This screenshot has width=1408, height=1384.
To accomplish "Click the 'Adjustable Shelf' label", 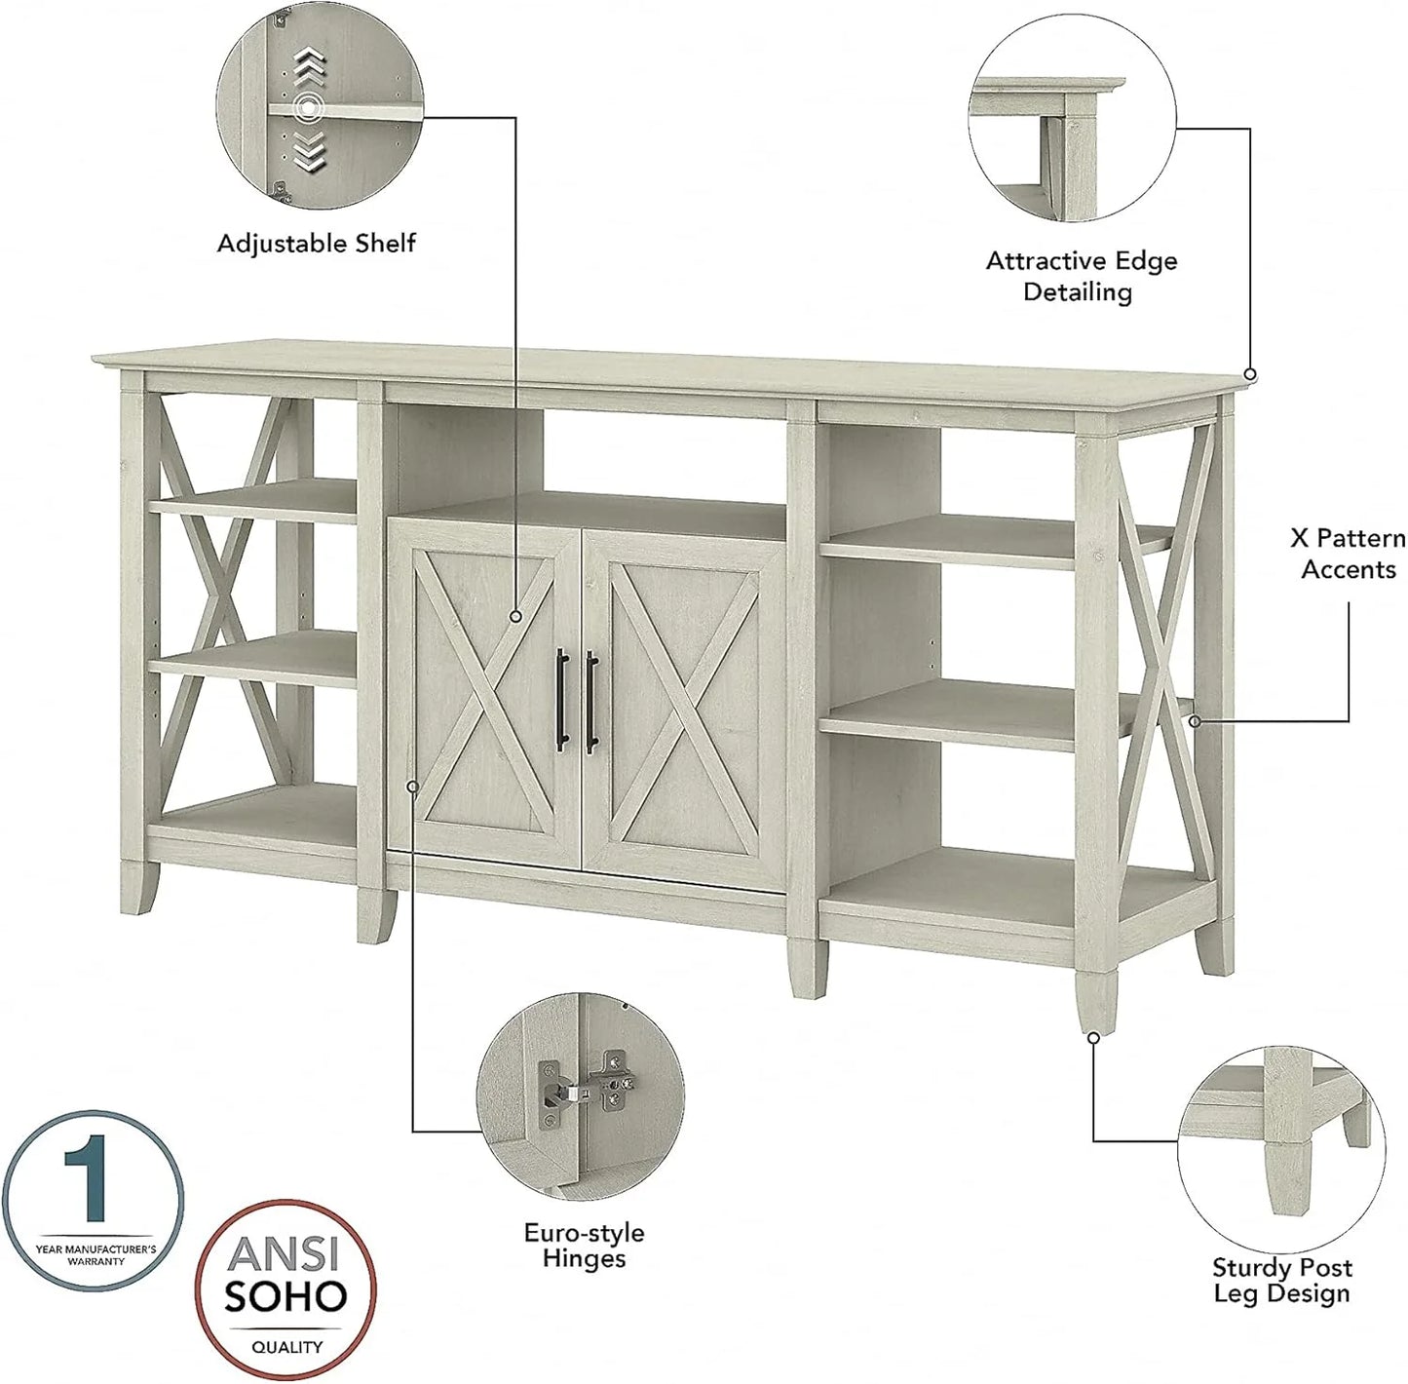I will pyautogui.click(x=316, y=244).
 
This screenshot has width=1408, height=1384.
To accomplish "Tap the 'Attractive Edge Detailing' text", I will pyautogui.click(x=1081, y=276).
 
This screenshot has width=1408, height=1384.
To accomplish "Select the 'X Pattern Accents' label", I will pyautogui.click(x=1348, y=554).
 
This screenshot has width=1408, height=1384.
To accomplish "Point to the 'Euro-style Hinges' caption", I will pyautogui.click(x=584, y=1246).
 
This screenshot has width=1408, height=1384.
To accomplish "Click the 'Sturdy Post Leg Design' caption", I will pyautogui.click(x=1281, y=1281).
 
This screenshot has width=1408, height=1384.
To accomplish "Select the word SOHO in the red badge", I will pyautogui.click(x=286, y=1295).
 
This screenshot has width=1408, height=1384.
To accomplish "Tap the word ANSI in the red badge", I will pyautogui.click(x=286, y=1252).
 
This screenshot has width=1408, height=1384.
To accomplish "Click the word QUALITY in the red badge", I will pyautogui.click(x=287, y=1347).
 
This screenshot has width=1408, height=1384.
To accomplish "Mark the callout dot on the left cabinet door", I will pyautogui.click(x=516, y=616).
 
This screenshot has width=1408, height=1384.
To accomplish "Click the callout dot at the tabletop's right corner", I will pyautogui.click(x=1251, y=374).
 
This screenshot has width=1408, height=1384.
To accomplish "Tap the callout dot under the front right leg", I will pyautogui.click(x=1093, y=1038).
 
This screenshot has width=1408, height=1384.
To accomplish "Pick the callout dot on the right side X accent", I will pyautogui.click(x=1196, y=721).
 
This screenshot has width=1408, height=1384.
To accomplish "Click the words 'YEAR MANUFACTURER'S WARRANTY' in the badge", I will pyautogui.click(x=95, y=1254).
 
